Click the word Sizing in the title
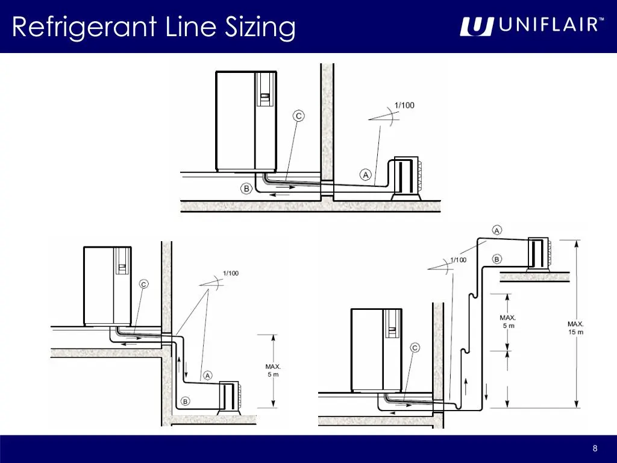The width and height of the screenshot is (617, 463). coord(260,27)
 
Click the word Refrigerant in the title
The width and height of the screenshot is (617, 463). coord(84,27)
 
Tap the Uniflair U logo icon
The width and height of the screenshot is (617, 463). coord(477,27)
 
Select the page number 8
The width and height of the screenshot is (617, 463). coord(595,448)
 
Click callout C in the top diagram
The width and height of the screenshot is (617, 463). coord(299,116)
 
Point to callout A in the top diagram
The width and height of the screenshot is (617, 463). coord(366,174)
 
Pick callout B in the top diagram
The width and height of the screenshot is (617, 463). coord(246,189)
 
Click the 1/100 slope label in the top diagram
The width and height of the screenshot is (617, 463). coord(404,105)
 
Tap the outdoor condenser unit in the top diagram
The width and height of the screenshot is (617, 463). coord(407,178)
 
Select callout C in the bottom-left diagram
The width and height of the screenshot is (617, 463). coord(144,285)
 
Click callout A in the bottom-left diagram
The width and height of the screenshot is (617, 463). coord(207,376)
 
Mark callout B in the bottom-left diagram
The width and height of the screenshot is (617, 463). coord(186,401)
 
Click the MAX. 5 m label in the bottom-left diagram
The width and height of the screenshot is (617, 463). coord(273,371)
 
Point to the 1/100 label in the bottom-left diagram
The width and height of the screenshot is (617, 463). coord(231,273)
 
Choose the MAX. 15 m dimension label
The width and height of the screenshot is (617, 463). coord(575,328)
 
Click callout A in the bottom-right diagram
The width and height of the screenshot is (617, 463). coord(497,230)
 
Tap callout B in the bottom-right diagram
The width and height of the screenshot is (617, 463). coord(496,259)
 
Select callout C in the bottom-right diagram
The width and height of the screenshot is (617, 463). coord(415,348)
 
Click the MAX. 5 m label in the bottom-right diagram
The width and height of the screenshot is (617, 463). coord(508,322)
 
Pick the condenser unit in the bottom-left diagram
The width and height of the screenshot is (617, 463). coord(228,398)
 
